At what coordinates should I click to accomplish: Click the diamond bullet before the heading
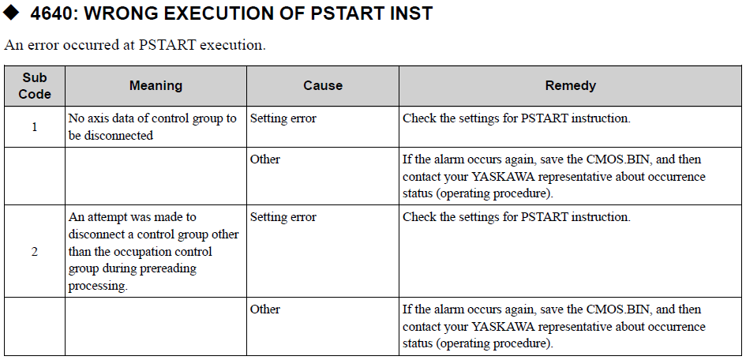pyautogui.click(x=11, y=13)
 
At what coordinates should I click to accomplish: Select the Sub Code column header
pyautogui.click(x=35, y=85)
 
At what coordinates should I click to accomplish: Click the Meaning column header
pyautogui.click(x=156, y=85)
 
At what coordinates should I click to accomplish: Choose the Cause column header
pyautogui.click(x=323, y=85)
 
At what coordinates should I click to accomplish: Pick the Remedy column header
pyautogui.click(x=571, y=85)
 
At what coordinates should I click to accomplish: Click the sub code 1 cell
pyautogui.click(x=34, y=127)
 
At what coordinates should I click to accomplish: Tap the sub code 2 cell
pyautogui.click(x=34, y=252)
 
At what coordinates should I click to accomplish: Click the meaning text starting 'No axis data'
pyautogui.click(x=152, y=127)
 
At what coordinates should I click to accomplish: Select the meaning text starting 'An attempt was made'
pyautogui.click(x=153, y=252)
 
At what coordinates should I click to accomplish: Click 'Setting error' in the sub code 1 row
pyautogui.click(x=283, y=118)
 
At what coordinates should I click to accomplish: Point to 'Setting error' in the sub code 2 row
pyautogui.click(x=283, y=217)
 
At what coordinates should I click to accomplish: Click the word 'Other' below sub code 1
pyautogui.click(x=265, y=159)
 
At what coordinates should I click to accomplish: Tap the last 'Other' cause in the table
pyautogui.click(x=265, y=309)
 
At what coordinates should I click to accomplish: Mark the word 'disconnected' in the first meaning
pyautogui.click(x=118, y=136)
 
